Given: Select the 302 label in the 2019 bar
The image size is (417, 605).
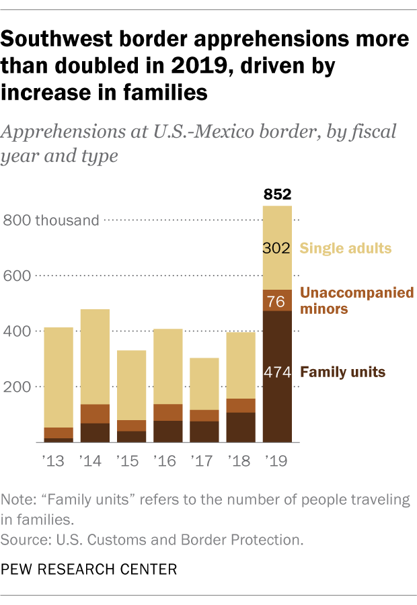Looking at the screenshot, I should (x=276, y=248).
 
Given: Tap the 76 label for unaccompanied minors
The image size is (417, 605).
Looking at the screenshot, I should (x=276, y=301).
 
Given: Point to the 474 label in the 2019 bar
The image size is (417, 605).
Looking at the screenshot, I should (x=276, y=372).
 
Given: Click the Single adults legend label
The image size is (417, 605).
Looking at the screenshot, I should (x=345, y=248).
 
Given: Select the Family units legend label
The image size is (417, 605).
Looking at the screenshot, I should (x=343, y=372).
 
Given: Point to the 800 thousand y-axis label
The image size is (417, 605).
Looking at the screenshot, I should (x=51, y=220).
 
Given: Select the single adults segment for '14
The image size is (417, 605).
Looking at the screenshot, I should (x=95, y=356).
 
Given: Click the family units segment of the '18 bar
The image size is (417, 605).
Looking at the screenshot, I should (x=240, y=427).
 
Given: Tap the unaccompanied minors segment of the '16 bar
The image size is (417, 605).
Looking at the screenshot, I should (x=167, y=412).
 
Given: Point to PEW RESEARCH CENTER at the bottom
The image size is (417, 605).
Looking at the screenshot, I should (x=89, y=569).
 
